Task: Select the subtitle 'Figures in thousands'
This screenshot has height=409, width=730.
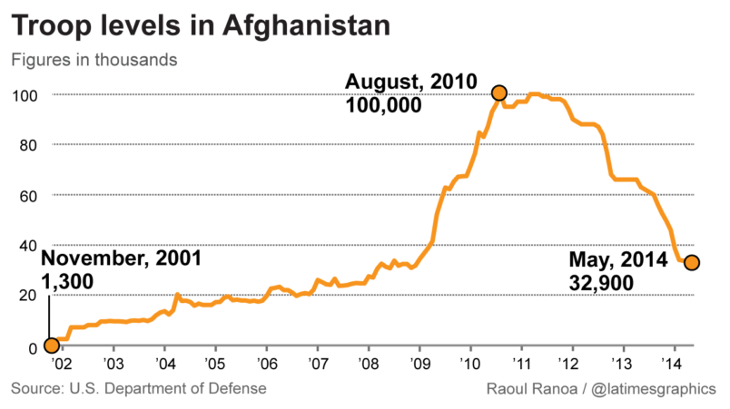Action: (94, 61)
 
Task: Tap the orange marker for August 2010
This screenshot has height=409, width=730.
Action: (498, 93)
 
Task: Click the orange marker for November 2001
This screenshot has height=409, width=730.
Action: (51, 345)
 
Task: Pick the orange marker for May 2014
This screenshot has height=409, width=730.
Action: (691, 262)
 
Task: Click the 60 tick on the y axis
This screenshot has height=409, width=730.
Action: (28, 195)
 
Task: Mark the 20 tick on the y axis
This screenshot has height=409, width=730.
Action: (28, 295)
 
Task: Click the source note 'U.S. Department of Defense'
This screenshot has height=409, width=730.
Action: (173, 389)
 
